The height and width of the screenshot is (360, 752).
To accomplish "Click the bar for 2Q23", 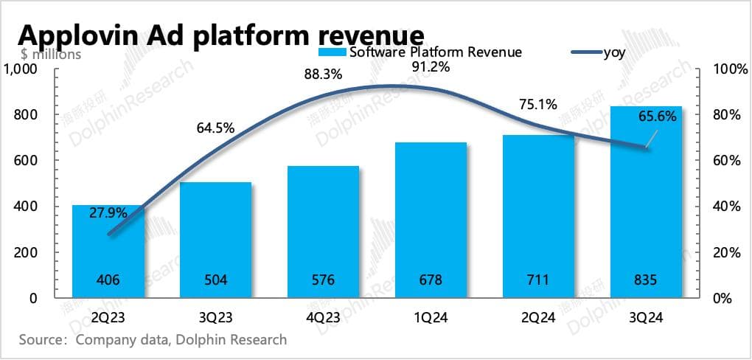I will pyautogui.click(x=108, y=251).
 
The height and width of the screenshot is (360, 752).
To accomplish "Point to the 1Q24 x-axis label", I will pyautogui.click(x=431, y=318).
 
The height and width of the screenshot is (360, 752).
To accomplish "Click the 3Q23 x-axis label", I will pyautogui.click(x=216, y=318).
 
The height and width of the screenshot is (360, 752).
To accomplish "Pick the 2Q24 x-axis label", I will pyautogui.click(x=539, y=318).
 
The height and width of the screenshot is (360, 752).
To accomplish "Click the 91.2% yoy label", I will pyautogui.click(x=431, y=67).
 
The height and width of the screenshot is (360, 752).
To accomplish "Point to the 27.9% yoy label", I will pyautogui.click(x=108, y=212).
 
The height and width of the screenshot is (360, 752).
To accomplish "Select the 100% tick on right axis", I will pyautogui.click(x=731, y=69).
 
